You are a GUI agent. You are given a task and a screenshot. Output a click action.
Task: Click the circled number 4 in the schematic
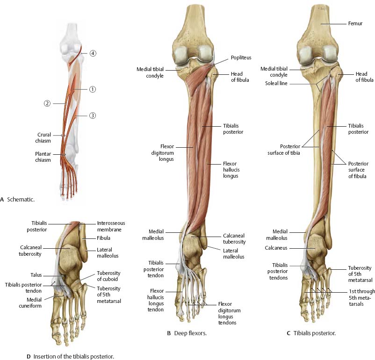[x=93, y=53]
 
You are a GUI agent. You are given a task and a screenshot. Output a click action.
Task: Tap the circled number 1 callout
[x=92, y=89]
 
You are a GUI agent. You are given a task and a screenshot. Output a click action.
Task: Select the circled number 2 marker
[x=47, y=103]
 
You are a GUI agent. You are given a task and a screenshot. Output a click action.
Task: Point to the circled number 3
[x=92, y=115]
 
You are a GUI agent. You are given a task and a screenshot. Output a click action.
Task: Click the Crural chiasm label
[x=43, y=137]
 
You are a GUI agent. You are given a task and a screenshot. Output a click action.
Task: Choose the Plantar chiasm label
[x=43, y=157]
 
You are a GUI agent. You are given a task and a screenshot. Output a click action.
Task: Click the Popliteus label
[x=241, y=58]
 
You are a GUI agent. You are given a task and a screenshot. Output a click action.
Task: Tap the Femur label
[x=355, y=23]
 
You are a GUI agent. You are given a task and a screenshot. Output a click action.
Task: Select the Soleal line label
[x=276, y=83]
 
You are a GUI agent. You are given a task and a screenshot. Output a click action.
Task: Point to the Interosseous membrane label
[x=111, y=226]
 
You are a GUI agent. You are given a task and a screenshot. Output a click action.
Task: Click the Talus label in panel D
[x=36, y=275]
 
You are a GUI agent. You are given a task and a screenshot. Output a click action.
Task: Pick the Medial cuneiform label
[x=30, y=302]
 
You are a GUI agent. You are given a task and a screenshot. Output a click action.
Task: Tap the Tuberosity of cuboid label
[x=108, y=276]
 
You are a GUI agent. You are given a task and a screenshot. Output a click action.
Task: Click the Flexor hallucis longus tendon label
[x=156, y=300]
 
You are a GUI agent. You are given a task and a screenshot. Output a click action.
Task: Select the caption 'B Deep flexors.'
[x=187, y=333]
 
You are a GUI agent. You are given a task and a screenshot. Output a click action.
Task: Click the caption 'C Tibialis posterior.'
[x=311, y=333]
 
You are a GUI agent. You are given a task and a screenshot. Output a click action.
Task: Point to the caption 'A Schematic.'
[x=17, y=199]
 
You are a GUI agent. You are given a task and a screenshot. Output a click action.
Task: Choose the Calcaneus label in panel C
[x=276, y=248]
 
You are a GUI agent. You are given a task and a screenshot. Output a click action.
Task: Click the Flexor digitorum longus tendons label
[x=230, y=313]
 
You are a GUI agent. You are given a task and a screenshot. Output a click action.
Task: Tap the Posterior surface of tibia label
[x=284, y=150]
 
